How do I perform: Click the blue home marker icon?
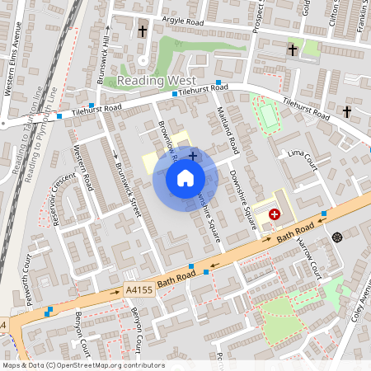(x=185, y=177)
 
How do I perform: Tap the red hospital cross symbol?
(x=274, y=214)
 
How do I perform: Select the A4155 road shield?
(x=139, y=289)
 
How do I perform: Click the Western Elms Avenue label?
(x=15, y=62)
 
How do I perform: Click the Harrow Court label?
(x=311, y=256)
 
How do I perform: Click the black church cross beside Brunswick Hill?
(x=143, y=31)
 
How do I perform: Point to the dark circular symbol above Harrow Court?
(x=336, y=237)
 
